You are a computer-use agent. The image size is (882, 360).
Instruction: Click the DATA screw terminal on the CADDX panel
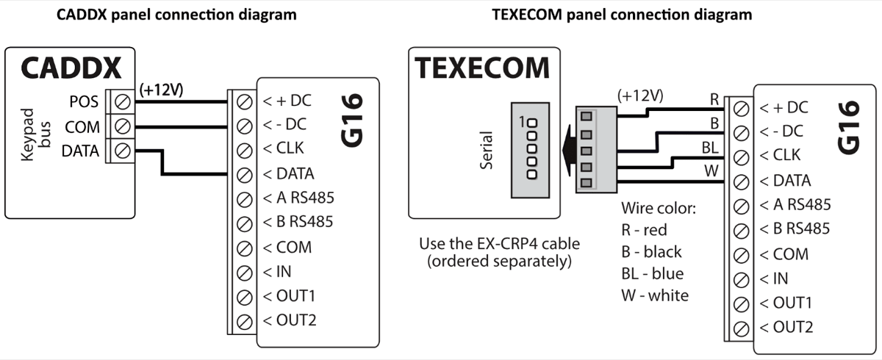122,151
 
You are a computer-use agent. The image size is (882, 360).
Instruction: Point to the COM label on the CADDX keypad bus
82,127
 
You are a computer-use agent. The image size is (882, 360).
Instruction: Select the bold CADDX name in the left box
71,68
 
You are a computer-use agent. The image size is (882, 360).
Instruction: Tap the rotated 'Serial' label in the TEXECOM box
486,151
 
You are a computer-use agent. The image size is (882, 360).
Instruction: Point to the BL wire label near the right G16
709,148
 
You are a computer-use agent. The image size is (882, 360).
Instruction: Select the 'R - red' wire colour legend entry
645,230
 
